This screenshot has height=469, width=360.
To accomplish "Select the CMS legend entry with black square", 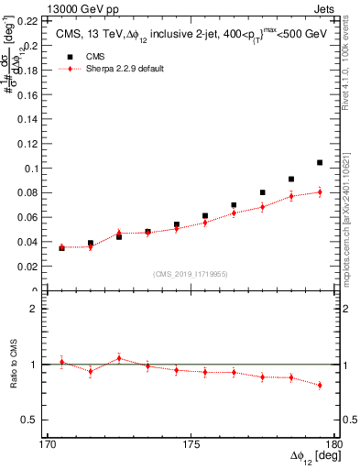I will pyautogui.click(x=92, y=56).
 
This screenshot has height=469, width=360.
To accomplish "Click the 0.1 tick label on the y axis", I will pyautogui.click(x=28, y=169).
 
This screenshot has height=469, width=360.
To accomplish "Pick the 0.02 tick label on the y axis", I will pyautogui.click(x=25, y=267).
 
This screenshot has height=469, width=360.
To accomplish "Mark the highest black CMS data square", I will pyautogui.click(x=320, y=162).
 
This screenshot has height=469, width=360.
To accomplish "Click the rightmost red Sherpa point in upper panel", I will pyautogui.click(x=320, y=191).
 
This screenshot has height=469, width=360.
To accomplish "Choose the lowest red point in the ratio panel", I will pyautogui.click(x=320, y=385).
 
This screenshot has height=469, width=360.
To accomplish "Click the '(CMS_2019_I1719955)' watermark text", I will pyautogui.click(x=190, y=272).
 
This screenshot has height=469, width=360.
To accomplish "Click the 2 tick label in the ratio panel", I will pyautogui.click(x=33, y=309).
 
